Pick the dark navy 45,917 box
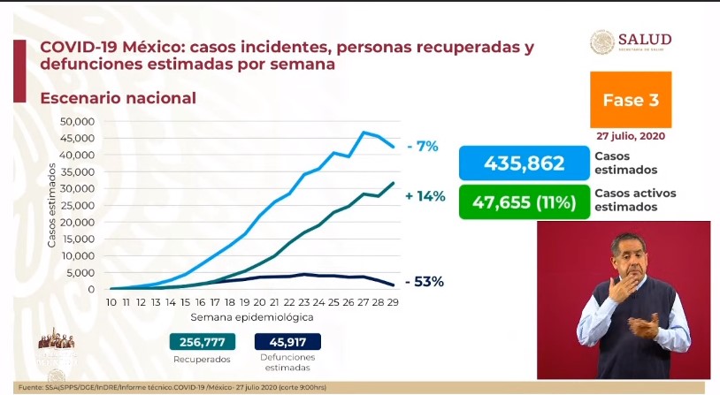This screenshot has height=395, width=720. pos(287,342)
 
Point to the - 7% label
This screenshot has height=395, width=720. pos(423,147)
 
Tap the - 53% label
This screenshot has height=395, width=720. pos(424,282)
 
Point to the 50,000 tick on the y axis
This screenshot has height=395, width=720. pos(77,121)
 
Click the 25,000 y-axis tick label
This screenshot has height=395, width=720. pos(77,205)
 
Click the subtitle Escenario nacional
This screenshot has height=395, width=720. pos(118,98)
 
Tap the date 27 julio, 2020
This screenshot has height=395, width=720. pos(631,137)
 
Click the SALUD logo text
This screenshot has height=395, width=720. pos(644,40)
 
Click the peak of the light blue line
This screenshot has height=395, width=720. pos(364,133)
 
